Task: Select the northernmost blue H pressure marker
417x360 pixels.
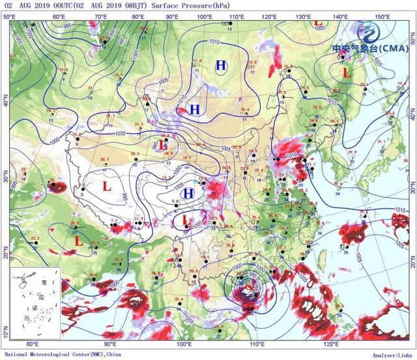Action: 222,65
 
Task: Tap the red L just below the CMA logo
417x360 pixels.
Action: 347,73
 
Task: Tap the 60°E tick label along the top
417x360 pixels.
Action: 58,16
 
